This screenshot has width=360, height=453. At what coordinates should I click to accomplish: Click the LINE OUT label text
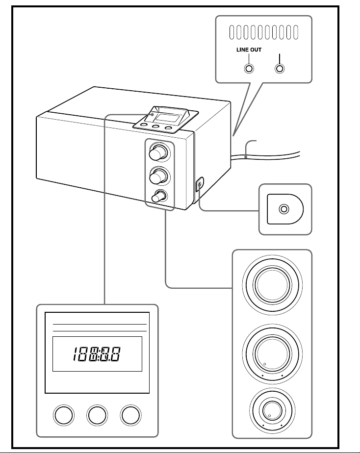[x=249, y=50]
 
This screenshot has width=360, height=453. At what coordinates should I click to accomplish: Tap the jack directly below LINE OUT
[x=249, y=69]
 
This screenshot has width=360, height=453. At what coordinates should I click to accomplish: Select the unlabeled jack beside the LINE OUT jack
[x=280, y=69]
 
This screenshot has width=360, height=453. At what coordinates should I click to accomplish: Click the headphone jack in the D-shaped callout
[x=284, y=209]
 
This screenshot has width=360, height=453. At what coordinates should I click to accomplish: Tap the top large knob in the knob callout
[x=272, y=285]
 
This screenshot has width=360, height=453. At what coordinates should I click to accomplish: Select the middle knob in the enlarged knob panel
[x=272, y=353]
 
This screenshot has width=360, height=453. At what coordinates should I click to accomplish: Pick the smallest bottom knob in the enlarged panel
[x=272, y=410]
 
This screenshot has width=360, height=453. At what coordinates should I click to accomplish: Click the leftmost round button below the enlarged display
[x=64, y=415]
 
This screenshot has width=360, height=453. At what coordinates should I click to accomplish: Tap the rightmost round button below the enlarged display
[x=130, y=415]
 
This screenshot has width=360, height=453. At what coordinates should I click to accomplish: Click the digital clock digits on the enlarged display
[x=97, y=354]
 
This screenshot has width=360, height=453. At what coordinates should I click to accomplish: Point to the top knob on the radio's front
[x=158, y=152]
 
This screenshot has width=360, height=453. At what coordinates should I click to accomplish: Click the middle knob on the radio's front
[x=158, y=176]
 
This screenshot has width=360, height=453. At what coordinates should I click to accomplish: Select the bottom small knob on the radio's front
[x=158, y=197]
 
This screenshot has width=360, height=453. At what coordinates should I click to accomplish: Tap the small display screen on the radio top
[x=166, y=117]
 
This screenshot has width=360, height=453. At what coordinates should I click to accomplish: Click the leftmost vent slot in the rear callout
[x=231, y=32]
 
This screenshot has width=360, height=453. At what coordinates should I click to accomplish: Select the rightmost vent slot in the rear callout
[x=296, y=32]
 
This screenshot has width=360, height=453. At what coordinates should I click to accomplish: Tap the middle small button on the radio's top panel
[x=156, y=126]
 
